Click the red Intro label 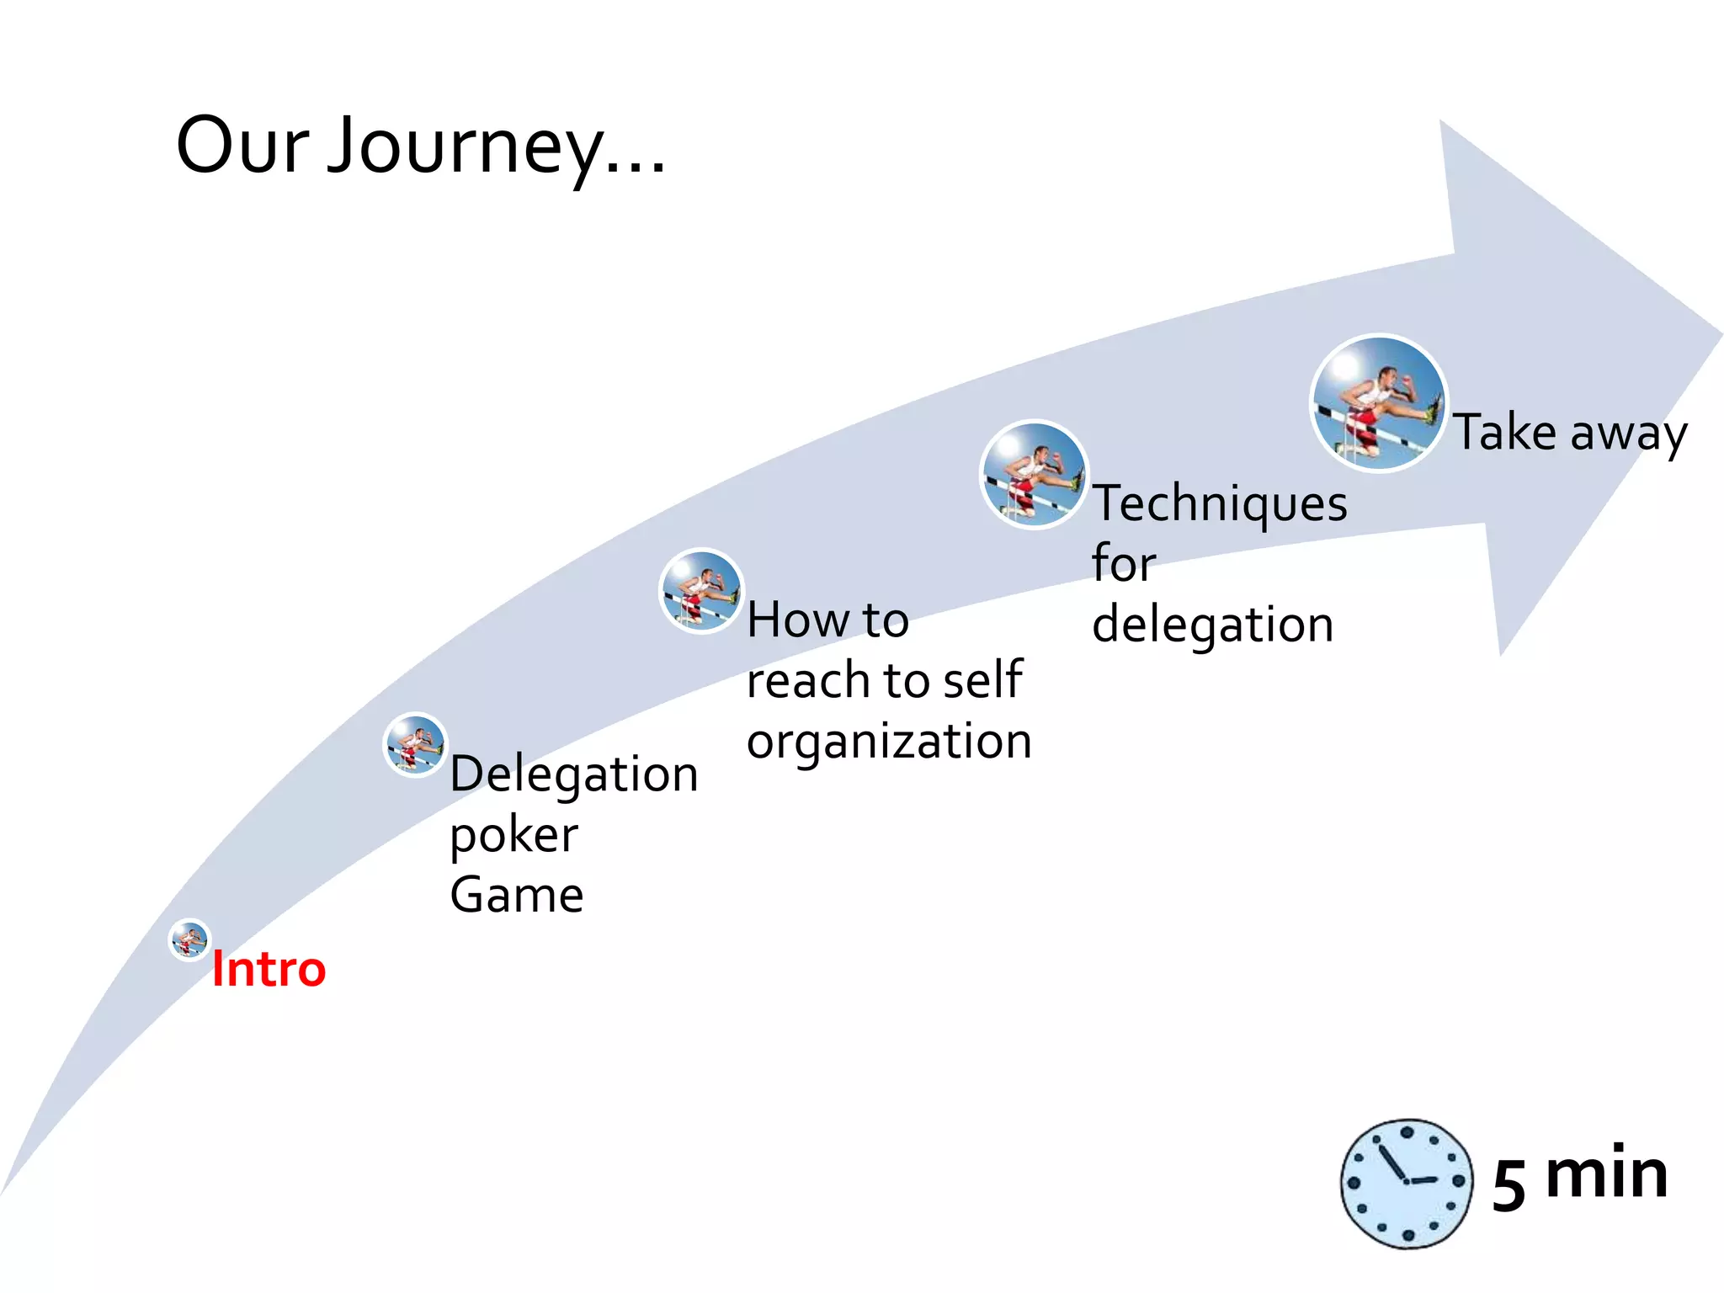point(269,969)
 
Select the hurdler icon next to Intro point(189,939)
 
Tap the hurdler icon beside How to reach point(701,591)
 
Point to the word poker point(513,836)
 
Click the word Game point(516,895)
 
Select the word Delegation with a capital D point(574,774)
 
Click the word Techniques point(1220,504)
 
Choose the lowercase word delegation point(1212,625)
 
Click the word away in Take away point(1628,435)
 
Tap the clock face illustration point(1406,1184)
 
